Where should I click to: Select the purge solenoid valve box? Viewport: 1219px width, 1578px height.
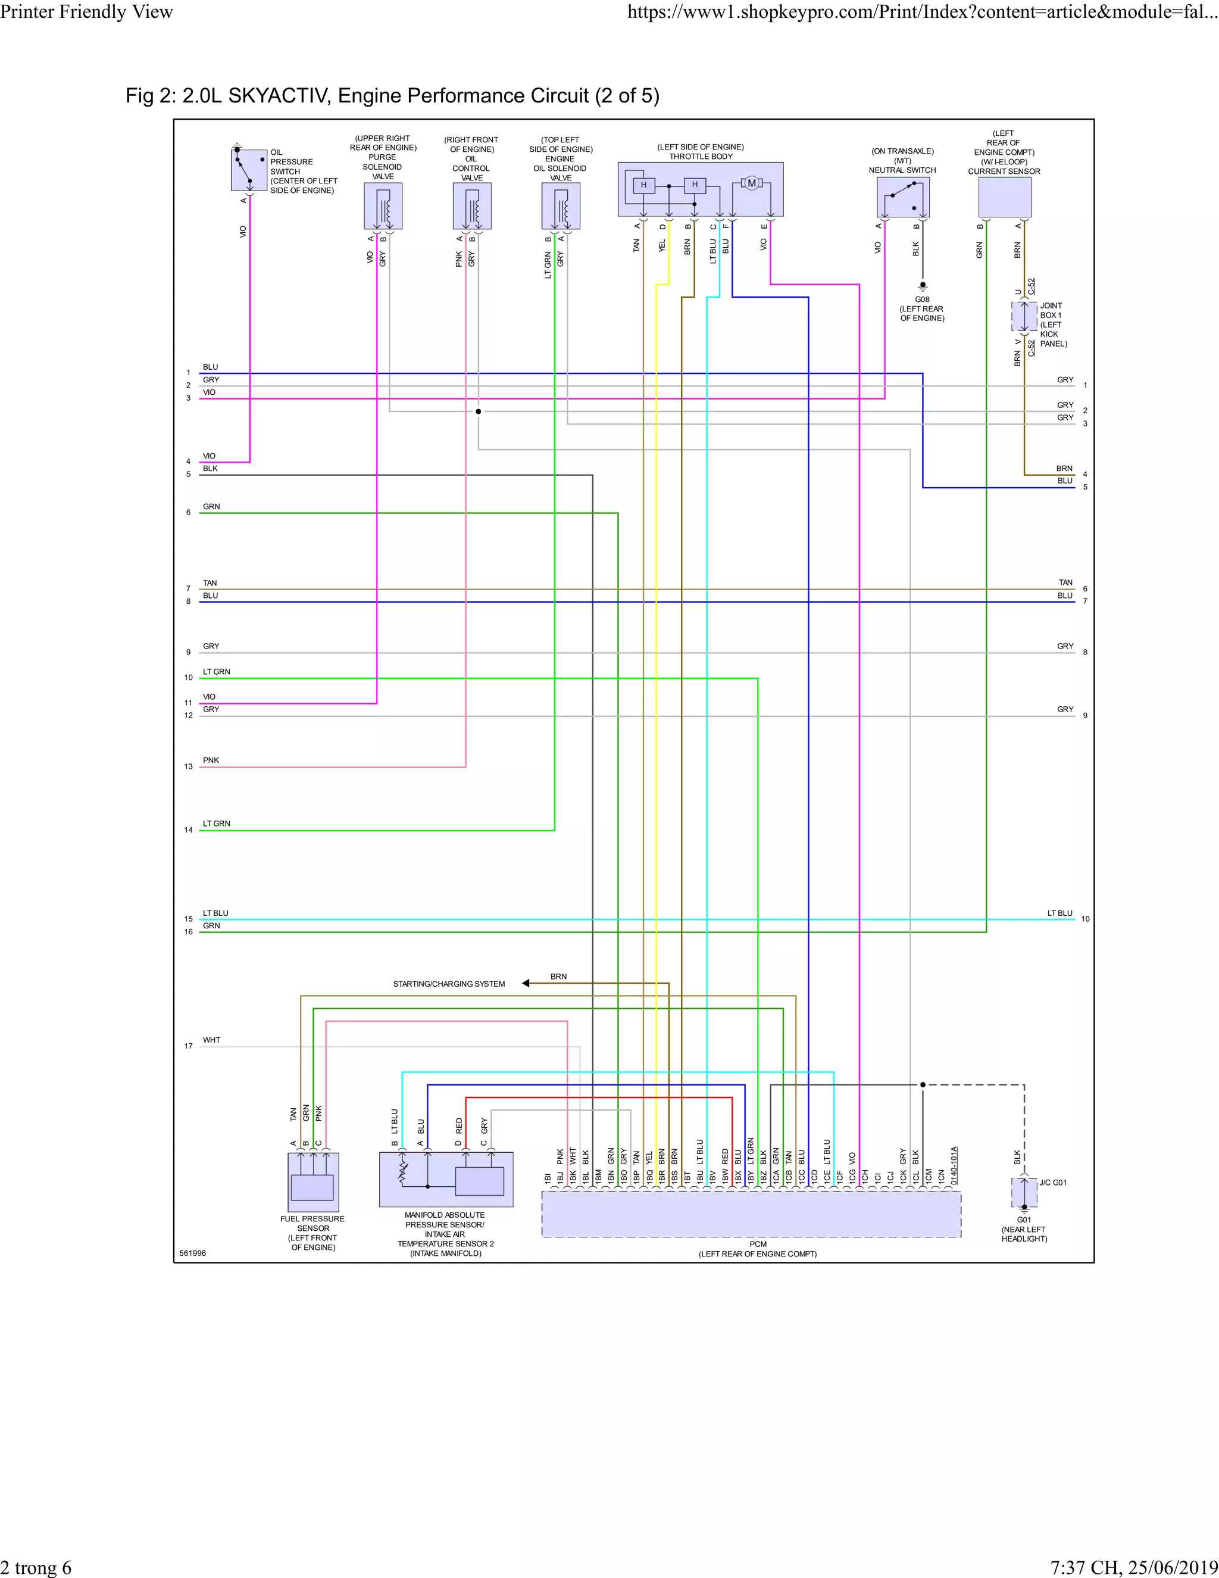tap(383, 206)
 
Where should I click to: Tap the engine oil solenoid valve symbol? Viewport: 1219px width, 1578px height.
tap(560, 206)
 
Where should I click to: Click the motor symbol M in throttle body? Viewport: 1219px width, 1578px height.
tap(751, 183)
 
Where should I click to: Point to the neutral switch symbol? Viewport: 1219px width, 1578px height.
tap(903, 197)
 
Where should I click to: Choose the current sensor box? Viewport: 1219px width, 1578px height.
tap(1004, 197)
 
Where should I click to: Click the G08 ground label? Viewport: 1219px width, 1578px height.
tap(922, 299)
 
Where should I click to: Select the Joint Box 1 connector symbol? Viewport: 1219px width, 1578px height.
tap(1023, 316)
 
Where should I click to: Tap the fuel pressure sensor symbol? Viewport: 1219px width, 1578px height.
tap(312, 1181)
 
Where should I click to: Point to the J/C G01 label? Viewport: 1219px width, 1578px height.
tap(1053, 1183)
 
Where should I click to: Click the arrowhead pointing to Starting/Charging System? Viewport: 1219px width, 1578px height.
tap(526, 983)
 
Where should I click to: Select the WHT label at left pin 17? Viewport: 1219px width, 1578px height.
tap(211, 1040)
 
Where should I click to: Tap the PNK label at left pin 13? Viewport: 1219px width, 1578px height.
tap(211, 760)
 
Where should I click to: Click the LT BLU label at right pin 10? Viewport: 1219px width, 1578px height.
tap(1059, 913)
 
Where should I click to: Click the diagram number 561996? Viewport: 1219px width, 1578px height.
tap(193, 1253)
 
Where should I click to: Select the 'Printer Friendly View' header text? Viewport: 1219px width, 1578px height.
tap(87, 11)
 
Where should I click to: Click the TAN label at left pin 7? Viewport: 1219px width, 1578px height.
tap(210, 583)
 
